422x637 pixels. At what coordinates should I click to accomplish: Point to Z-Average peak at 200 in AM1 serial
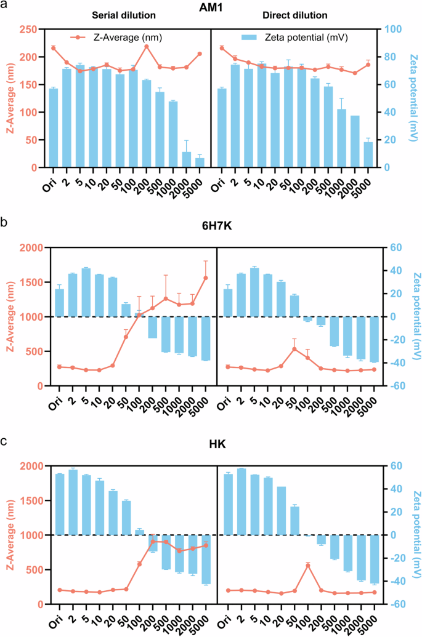[147, 47]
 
